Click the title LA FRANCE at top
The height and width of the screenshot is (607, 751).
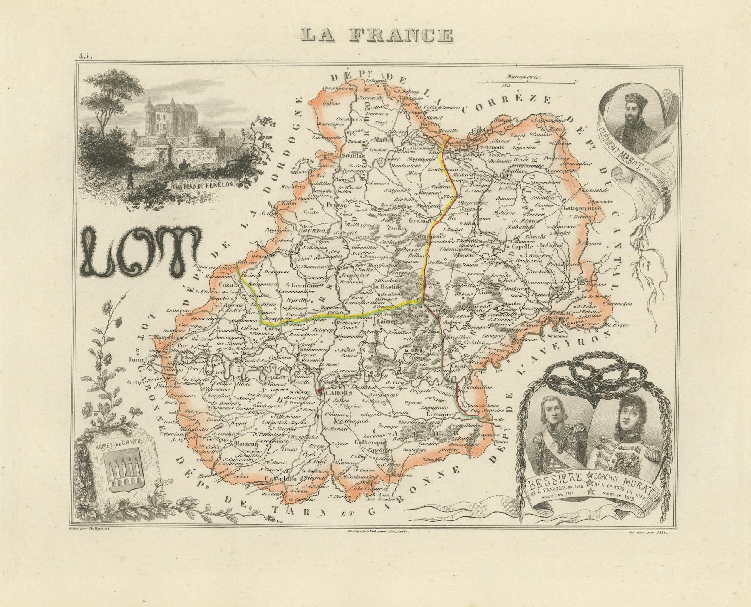(x=377, y=35)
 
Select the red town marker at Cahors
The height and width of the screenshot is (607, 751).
(x=319, y=392)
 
